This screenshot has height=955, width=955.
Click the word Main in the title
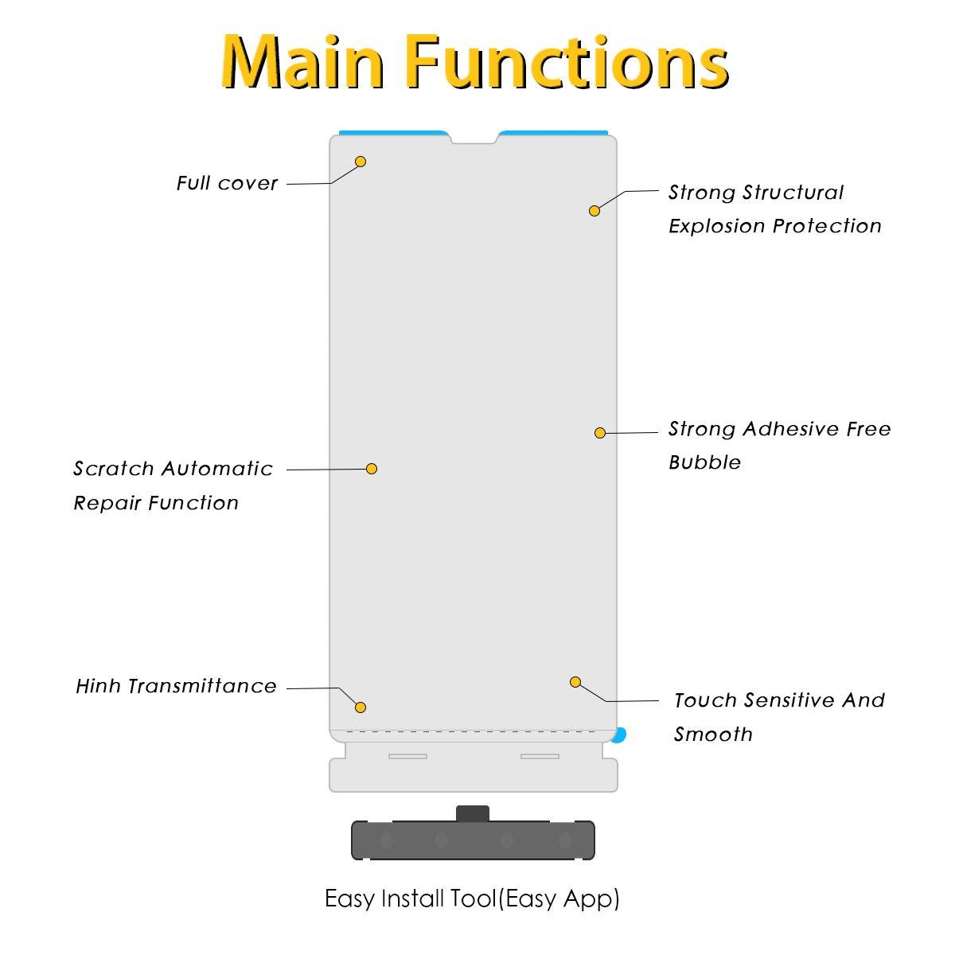pos(302,62)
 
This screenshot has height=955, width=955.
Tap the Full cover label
pos(227,184)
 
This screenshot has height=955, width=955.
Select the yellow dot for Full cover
pos(361,162)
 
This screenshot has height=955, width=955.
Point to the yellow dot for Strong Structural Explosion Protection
pos(594,211)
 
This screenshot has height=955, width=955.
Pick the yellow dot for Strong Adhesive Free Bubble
pos(600,433)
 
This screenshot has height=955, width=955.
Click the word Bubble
pos(704,462)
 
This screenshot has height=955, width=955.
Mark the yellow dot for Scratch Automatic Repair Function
pos(372,469)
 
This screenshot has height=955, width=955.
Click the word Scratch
pos(113,469)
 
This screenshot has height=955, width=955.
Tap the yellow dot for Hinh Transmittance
pos(361,707)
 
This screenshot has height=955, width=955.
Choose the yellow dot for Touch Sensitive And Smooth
pos(575,682)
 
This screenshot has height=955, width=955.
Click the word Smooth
pos(713,735)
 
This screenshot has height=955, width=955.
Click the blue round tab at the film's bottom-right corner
pos(621,735)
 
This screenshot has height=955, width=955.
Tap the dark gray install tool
pos(474,840)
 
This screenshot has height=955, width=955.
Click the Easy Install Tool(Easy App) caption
pos(472,898)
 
